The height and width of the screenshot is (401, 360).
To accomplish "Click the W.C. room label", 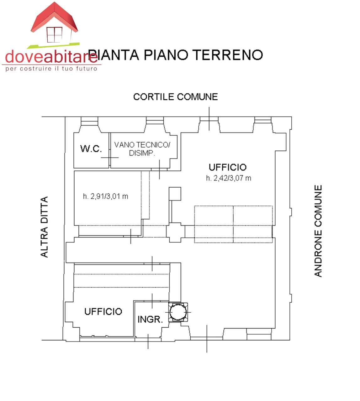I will point(91,148).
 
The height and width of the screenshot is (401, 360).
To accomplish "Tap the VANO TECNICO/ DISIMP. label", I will point(142,149).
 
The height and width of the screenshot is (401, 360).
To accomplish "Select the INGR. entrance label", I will point(150,320).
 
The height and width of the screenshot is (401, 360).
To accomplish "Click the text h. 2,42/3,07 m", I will point(228,178).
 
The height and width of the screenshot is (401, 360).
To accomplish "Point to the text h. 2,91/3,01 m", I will point(105,196).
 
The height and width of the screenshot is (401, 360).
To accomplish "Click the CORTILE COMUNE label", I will point(175,97).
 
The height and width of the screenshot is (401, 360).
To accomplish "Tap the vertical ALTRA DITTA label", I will point(44,227).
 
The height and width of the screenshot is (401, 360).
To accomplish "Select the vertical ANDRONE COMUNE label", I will point(318,231).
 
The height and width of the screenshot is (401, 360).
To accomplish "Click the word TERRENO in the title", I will point(227,55).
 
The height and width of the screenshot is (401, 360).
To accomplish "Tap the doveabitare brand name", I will point(51,57).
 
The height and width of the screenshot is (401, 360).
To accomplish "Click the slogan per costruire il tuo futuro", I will point(51,69).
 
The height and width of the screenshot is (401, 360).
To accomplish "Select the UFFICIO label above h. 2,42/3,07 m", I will point(228,167).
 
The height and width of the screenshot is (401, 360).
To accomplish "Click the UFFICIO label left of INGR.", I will point(103,311).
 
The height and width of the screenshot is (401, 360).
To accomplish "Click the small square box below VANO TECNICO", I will point(175,194).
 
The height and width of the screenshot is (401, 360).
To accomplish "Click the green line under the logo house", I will point(53,45).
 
